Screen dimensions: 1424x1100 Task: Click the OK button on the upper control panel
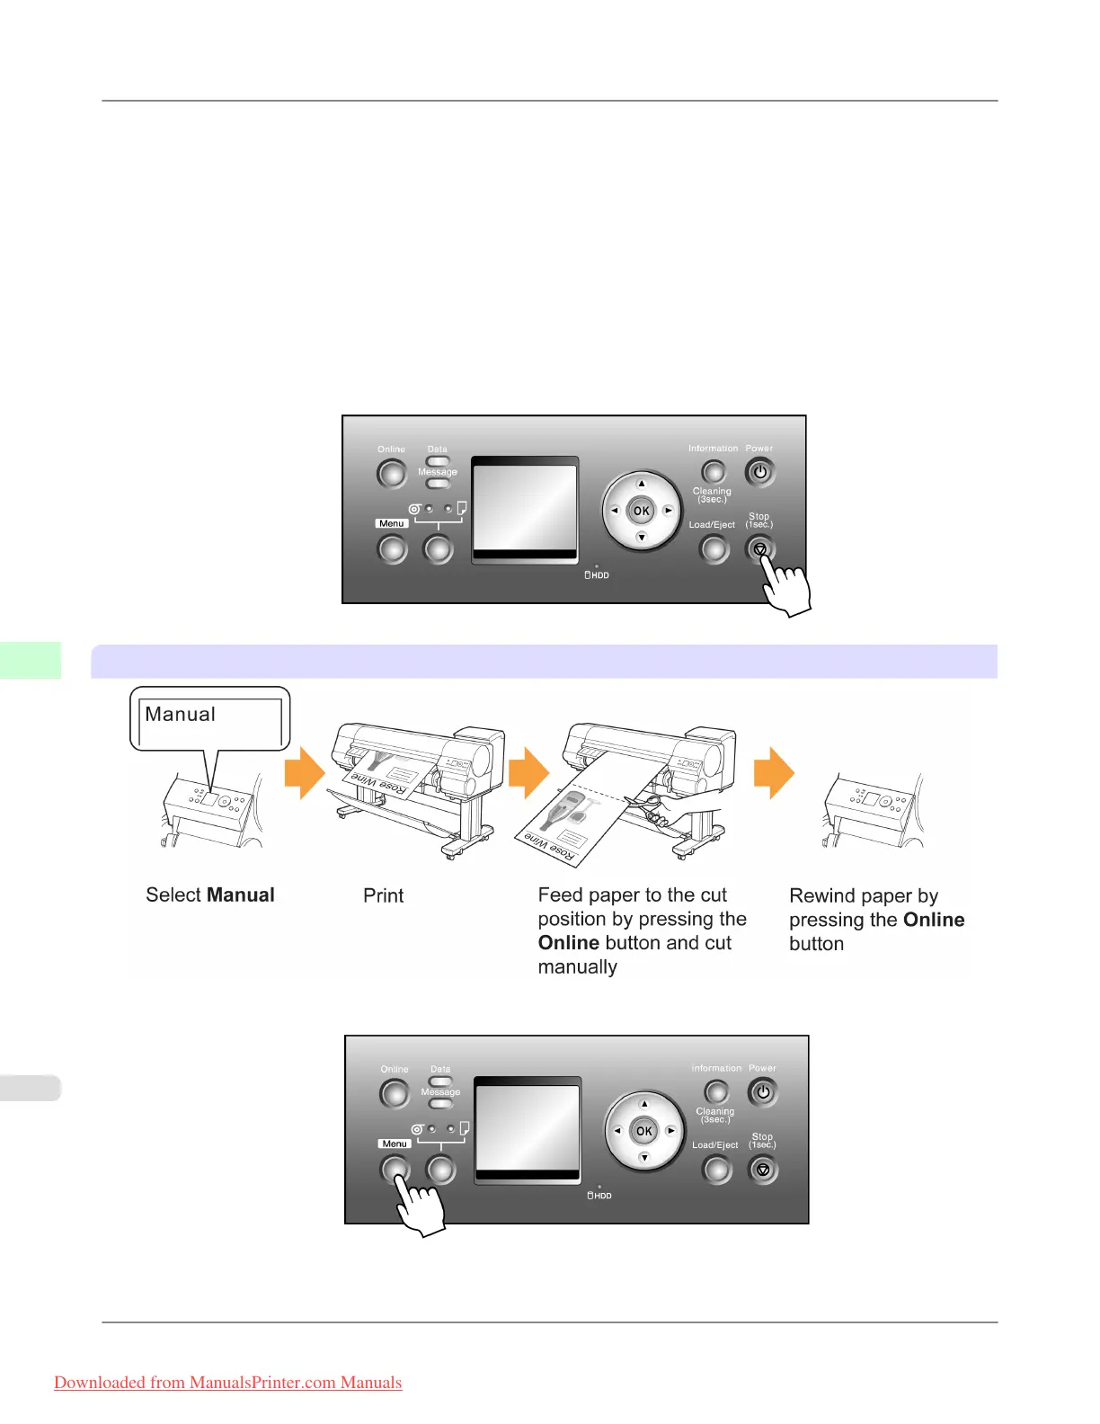click(x=641, y=511)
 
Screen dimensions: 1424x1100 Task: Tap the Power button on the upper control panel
click(x=759, y=472)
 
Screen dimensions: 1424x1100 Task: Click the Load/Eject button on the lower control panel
click(x=716, y=1170)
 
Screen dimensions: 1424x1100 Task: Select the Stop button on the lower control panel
click(x=763, y=1170)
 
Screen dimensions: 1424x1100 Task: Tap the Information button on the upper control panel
click(x=713, y=471)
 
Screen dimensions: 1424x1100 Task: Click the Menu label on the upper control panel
click(x=392, y=523)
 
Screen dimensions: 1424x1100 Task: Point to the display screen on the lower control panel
click(x=528, y=1129)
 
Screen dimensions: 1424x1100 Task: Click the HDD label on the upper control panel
click(x=598, y=575)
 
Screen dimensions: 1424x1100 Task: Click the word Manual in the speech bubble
click(x=181, y=715)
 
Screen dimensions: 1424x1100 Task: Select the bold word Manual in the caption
click(x=241, y=895)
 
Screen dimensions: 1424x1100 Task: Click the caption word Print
click(x=384, y=895)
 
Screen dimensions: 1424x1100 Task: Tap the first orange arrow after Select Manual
click(x=305, y=773)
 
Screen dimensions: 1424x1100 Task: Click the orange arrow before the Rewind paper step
click(x=774, y=773)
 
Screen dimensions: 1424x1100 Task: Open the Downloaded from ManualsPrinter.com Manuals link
click(x=228, y=1383)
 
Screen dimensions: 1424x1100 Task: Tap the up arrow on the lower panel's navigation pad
click(x=644, y=1104)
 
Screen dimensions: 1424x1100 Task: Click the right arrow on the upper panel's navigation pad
click(x=668, y=511)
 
